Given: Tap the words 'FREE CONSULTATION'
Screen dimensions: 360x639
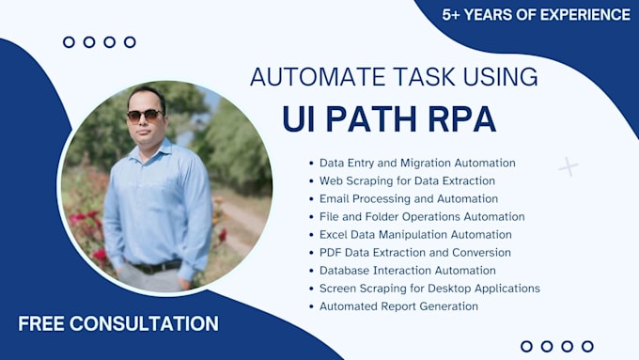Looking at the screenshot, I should (x=118, y=324).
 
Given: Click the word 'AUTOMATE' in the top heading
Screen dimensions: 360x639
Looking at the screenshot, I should (x=304, y=77).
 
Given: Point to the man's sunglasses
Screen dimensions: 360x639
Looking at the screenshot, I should (x=144, y=115).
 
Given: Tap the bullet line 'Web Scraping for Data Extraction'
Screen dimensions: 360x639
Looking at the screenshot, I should (x=407, y=180).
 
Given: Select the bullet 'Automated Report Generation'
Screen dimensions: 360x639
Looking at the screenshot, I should (x=398, y=306).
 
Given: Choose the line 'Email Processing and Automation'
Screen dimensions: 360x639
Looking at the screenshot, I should (x=408, y=198).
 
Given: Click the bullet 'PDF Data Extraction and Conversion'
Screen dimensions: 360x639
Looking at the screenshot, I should (x=414, y=253).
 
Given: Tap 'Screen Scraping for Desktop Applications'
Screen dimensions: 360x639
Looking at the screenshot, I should (x=429, y=289).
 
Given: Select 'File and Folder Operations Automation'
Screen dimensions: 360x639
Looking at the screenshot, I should (x=422, y=217).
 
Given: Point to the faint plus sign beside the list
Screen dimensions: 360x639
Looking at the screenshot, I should (x=568, y=167).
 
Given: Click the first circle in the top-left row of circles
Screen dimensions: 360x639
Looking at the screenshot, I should (x=69, y=41).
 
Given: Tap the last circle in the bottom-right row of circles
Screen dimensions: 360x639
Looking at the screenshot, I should (x=588, y=346).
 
